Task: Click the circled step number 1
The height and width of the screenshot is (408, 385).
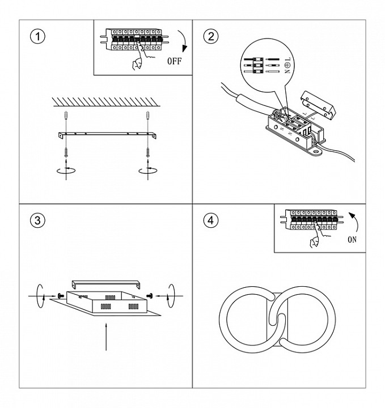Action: pos(37,37)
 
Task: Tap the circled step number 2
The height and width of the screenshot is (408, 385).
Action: pos(210,37)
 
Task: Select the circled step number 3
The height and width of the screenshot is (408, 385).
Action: pos(37,220)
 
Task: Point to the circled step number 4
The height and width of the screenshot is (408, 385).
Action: pos(210,220)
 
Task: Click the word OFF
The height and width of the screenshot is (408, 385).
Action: pos(175,61)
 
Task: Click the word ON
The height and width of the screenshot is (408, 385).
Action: pos(352,239)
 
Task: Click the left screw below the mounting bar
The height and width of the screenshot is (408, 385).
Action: pos(67,151)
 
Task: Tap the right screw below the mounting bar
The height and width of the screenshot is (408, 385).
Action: pos(147,151)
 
